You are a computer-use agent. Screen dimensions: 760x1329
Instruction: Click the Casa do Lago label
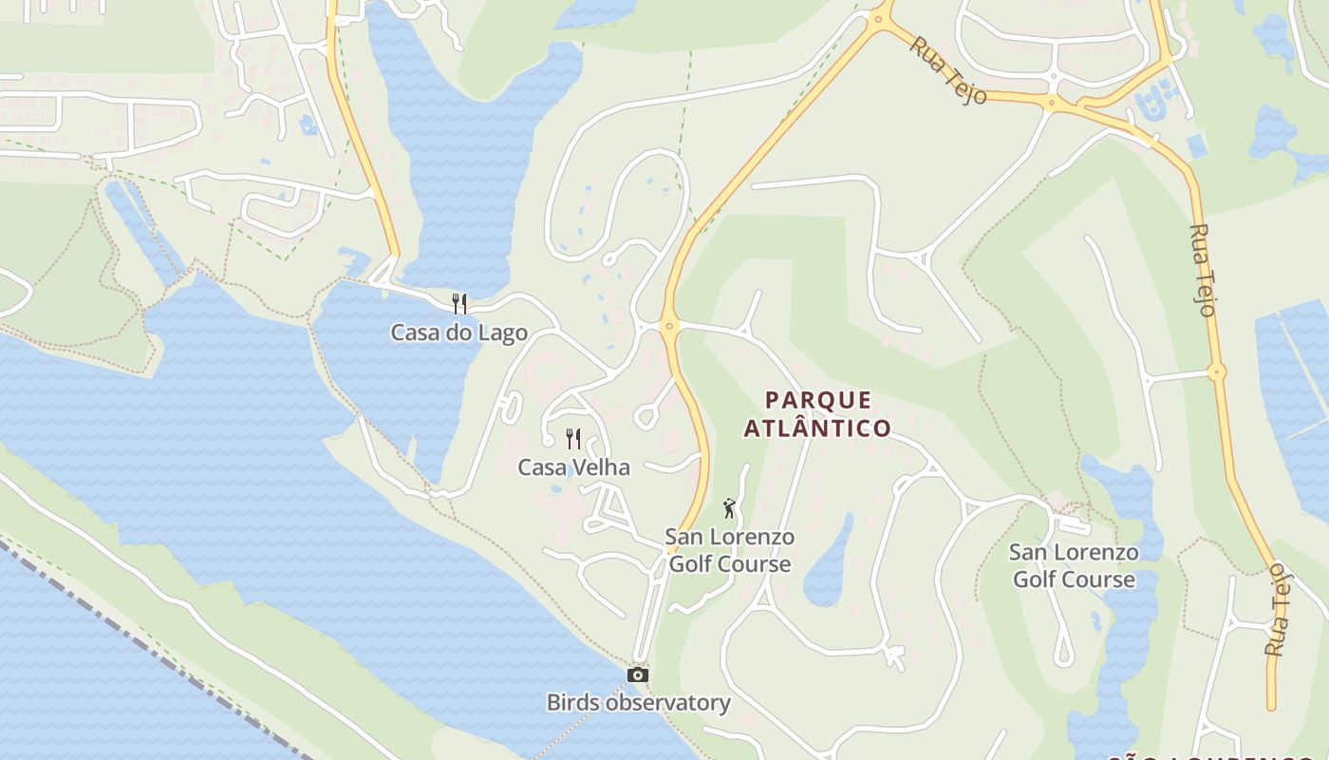click(459, 332)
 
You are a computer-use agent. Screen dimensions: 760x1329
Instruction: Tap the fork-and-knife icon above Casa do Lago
click(459, 303)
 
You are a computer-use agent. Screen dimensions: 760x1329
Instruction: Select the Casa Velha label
click(573, 466)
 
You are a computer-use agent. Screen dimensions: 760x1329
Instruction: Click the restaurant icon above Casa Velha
click(573, 438)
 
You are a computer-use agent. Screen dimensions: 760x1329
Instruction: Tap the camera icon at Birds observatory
click(638, 674)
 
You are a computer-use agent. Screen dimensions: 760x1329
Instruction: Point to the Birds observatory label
click(638, 703)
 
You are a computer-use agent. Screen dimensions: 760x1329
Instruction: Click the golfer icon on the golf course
click(729, 508)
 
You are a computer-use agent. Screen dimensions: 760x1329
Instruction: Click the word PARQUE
click(818, 400)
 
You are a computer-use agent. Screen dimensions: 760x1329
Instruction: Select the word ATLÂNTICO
click(817, 428)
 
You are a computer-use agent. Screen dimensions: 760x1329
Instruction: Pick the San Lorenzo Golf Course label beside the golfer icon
click(730, 550)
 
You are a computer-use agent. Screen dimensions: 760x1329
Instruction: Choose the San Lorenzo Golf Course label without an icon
click(1074, 565)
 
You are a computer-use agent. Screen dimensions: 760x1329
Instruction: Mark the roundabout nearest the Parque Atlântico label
click(670, 327)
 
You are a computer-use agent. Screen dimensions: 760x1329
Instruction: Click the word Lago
click(502, 332)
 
